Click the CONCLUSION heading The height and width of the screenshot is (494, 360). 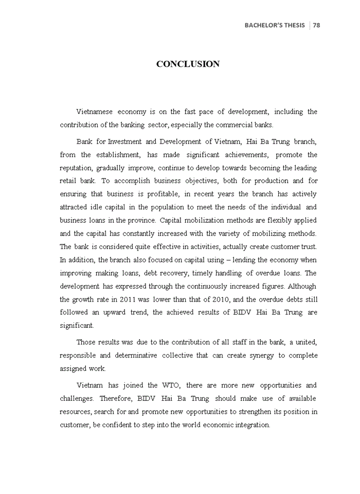(188, 64)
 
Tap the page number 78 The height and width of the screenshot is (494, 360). (316, 25)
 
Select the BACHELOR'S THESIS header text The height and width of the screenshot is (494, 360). (275, 25)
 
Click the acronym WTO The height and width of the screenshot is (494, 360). (171, 385)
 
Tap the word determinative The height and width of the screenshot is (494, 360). (147, 356)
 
